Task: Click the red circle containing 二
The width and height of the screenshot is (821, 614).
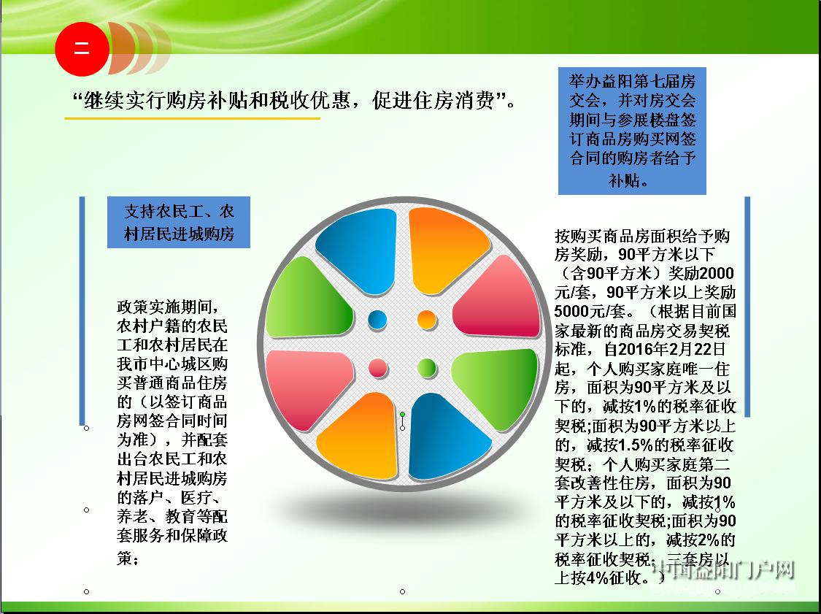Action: [x=82, y=49]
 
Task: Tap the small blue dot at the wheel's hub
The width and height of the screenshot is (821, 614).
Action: [x=377, y=319]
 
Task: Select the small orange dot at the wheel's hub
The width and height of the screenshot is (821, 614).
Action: [x=427, y=319]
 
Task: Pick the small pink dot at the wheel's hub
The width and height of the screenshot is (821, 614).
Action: [x=377, y=368]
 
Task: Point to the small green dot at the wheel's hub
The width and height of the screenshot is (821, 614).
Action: [x=427, y=368]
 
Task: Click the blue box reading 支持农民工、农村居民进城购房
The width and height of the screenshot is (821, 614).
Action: [x=179, y=222]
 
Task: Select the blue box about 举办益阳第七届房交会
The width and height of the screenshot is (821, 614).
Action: [x=632, y=131]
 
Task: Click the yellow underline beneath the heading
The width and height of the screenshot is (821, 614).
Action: [x=192, y=118]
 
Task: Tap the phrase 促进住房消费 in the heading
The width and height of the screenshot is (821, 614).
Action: [x=433, y=99]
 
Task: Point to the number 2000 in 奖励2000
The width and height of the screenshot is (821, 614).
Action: [x=717, y=273]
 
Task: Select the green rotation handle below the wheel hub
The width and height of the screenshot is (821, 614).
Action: [x=402, y=415]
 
